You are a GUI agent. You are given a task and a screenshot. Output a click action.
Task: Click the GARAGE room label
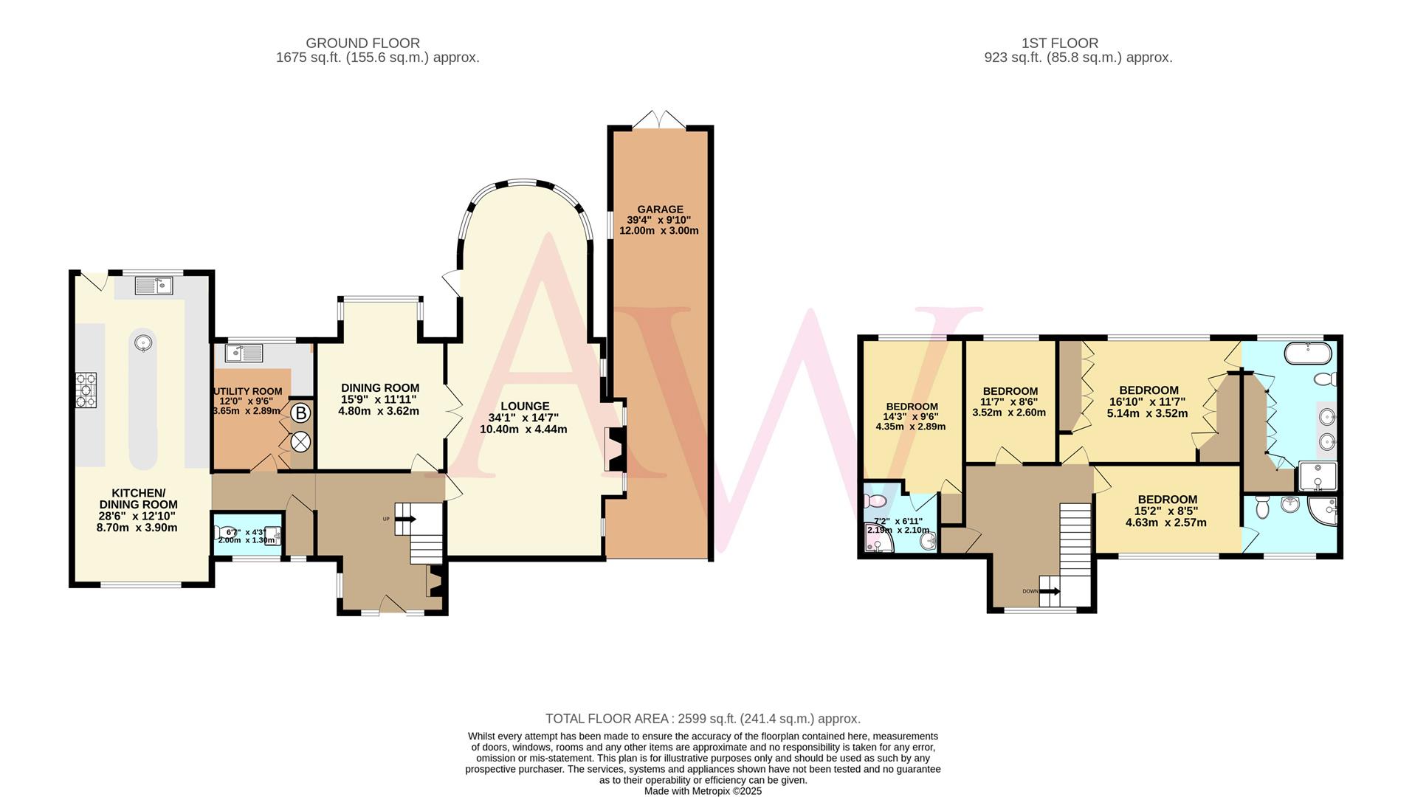coord(660,210)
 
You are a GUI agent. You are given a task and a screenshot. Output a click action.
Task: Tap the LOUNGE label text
coord(525,406)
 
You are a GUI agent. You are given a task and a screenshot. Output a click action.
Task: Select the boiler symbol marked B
coord(300,414)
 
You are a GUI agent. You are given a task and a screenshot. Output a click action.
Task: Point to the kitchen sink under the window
coord(154,286)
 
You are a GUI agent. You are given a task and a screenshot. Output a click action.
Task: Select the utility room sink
coord(244,353)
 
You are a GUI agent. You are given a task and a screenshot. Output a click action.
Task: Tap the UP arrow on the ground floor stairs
coord(402,520)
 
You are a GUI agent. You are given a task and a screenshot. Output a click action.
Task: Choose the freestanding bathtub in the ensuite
coord(1309,353)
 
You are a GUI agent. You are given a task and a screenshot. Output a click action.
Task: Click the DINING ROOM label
coord(379,388)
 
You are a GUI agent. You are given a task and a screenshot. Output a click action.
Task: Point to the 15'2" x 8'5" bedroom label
coord(1167,500)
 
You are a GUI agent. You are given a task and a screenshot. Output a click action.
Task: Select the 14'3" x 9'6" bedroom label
coord(912,407)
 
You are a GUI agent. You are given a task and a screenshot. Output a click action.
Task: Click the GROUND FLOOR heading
coord(362,44)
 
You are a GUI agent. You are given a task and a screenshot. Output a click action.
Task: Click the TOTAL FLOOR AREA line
coord(703,719)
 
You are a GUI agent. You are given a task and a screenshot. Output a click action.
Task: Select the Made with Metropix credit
coord(703,791)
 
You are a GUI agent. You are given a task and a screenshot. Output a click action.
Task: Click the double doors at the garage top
coord(661,120)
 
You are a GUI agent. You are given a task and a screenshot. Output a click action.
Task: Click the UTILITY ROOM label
coord(247,392)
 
